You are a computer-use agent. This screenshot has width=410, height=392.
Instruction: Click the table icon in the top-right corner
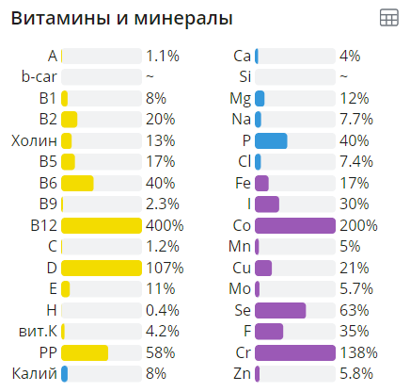[387, 18]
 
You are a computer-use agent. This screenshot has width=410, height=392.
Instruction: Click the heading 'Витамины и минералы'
[121, 18]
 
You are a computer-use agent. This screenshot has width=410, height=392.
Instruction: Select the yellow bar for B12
[102, 225]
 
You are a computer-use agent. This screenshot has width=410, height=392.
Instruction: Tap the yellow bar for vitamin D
[102, 268]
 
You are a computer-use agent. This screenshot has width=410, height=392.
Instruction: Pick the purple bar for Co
[295, 225]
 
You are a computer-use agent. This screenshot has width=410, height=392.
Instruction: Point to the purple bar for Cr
[295, 351]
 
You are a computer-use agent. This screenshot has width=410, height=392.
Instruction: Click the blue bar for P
[271, 140]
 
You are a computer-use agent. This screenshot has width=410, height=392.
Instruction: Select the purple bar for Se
[280, 310]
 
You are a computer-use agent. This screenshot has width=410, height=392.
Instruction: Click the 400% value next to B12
[163, 225]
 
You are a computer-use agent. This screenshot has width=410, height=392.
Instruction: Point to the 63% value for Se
[353, 310]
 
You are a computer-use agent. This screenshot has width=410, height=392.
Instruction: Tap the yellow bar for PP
[85, 351]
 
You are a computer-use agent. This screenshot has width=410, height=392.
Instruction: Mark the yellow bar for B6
[77, 183]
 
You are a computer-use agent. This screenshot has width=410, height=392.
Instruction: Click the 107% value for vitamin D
[163, 268]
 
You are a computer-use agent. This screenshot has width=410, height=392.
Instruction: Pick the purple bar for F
[269, 331]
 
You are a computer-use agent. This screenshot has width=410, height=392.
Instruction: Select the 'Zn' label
[242, 373]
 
